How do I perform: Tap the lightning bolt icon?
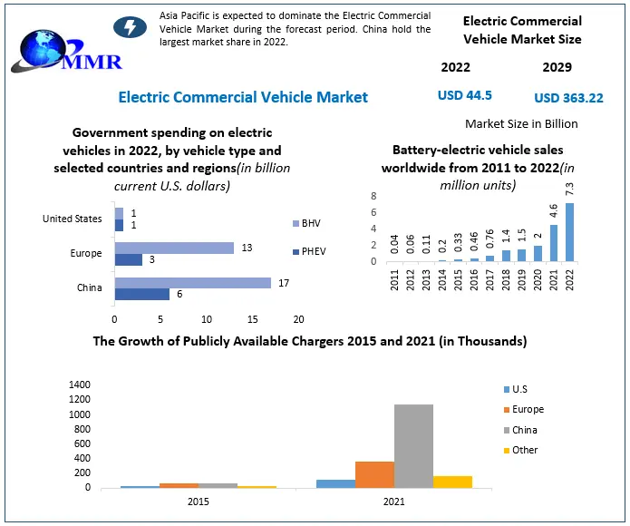[129, 28]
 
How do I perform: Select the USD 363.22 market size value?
[568, 98]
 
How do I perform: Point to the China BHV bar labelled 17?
[192, 283]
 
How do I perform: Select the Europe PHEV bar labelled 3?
[128, 260]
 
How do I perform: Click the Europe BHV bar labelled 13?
[174, 248]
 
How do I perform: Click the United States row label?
[73, 219]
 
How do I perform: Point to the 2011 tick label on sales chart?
[395, 278]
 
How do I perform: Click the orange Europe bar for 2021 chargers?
[374, 474]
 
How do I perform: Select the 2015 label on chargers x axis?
[198, 501]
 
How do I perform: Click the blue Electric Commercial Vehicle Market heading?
[243, 97]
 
